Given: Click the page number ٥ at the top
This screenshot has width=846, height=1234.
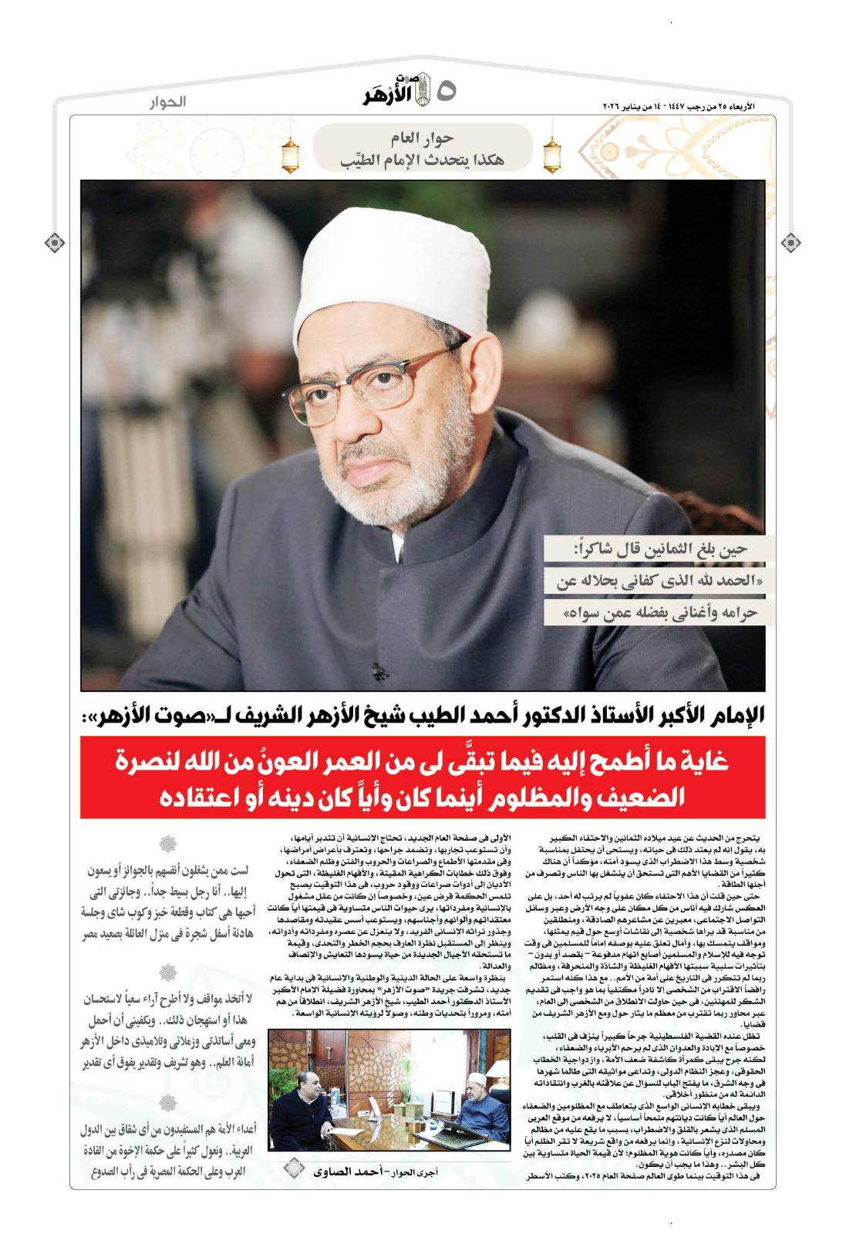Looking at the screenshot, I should (x=446, y=92).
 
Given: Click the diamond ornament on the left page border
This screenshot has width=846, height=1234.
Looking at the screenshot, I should (x=54, y=243).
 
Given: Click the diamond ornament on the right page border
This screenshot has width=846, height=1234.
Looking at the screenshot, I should (x=790, y=243).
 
